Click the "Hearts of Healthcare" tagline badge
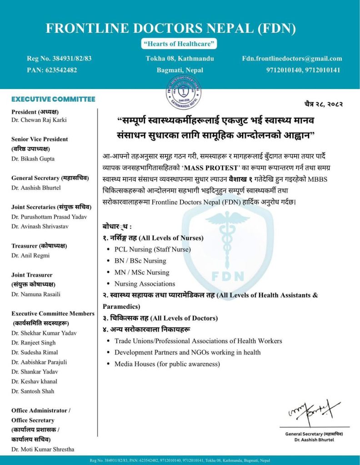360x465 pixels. pos(180,44)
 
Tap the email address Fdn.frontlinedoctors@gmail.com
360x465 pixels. pos(292,59)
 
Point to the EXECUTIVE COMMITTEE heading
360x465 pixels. pos(53,99)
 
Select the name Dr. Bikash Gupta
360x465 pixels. pos(33,158)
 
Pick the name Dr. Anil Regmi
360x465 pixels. pos(30,255)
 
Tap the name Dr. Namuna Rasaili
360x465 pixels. pos(36,294)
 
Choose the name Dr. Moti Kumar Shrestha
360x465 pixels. pos(43,449)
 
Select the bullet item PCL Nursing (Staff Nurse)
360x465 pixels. pos(152,249)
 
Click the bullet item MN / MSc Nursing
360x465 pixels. pos(141,272)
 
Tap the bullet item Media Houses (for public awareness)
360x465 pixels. pos(167,364)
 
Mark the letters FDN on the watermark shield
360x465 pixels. pos(228,276)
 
